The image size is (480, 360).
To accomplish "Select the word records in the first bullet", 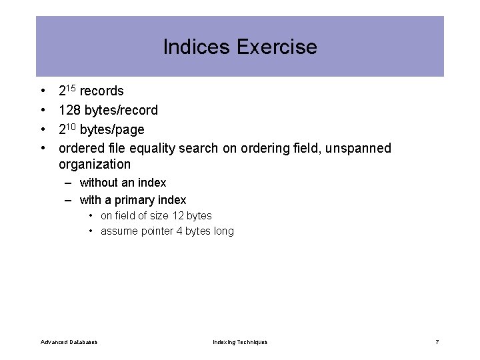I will pos(101,91).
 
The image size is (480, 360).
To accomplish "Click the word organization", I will pos(95,164).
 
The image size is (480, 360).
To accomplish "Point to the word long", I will pos(223,231).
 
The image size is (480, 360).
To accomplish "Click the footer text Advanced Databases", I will pos(69,342).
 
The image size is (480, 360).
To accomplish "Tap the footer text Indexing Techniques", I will pos(240,342).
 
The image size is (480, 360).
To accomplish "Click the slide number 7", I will pos(437,342).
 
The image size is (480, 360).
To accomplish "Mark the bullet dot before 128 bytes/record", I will pos(42,110).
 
